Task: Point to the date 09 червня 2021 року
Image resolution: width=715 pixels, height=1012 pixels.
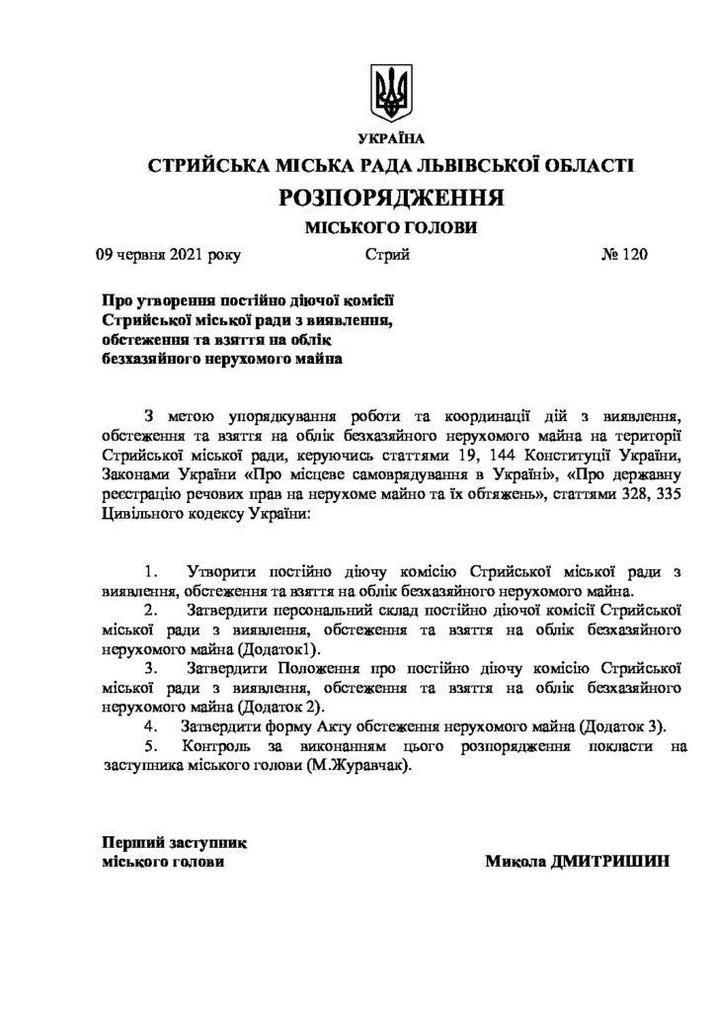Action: tap(167, 255)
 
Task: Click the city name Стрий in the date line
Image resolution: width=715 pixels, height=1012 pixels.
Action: tap(387, 255)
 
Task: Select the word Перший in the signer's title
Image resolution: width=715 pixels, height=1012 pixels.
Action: tap(132, 843)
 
